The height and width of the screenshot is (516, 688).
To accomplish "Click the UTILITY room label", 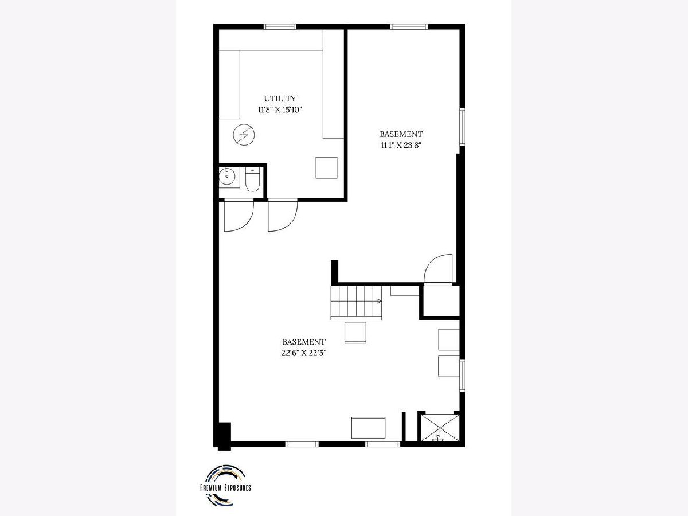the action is coord(280,99).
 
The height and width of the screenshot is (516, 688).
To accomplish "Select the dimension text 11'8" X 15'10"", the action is coord(280,110).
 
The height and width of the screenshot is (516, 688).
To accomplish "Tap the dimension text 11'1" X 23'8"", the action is coord(401,146).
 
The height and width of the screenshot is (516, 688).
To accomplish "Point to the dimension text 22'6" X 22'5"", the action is coord(304,353).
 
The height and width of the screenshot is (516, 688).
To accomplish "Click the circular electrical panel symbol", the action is coord(244,135).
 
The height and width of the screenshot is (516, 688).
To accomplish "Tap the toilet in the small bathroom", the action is coord(252,179).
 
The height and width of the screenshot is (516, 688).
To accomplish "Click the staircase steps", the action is coord(357,303).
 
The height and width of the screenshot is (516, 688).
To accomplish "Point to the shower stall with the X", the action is coord(440,428).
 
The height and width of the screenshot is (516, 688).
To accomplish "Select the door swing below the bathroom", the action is coord(239,215).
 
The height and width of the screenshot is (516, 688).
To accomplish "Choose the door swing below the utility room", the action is coord(283,215).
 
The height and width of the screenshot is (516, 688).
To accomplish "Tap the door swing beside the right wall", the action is coord(438,269).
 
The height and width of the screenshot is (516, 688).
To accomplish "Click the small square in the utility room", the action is coord(326,167).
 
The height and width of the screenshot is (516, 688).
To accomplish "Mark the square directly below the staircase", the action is coord(355,333).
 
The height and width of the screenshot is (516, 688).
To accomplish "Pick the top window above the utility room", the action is coord(280,26).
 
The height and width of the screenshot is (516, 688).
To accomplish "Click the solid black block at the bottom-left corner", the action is coord(224,436).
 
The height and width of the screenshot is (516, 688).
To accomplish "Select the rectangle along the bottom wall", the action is coord(368,428).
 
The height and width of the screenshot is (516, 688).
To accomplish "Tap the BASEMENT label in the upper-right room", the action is coord(401,134).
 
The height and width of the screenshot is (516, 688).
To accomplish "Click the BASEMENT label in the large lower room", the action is coord(304,342).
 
